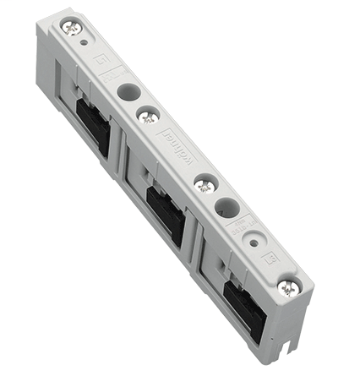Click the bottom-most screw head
point(289,287)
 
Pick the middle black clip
point(165,214)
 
